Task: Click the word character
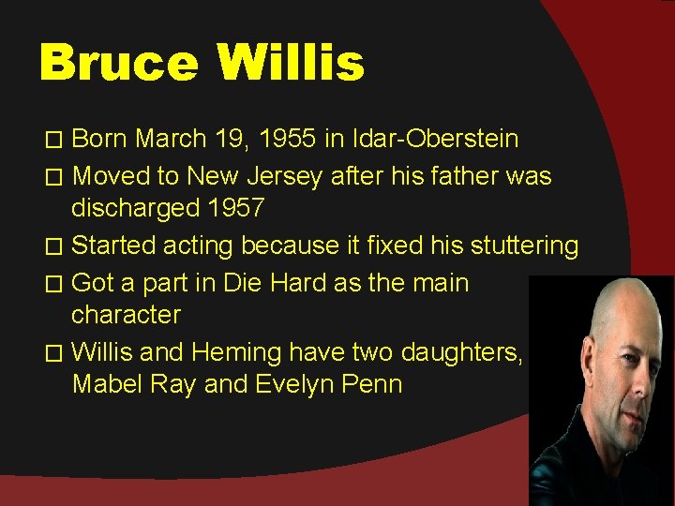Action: pos(126,316)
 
